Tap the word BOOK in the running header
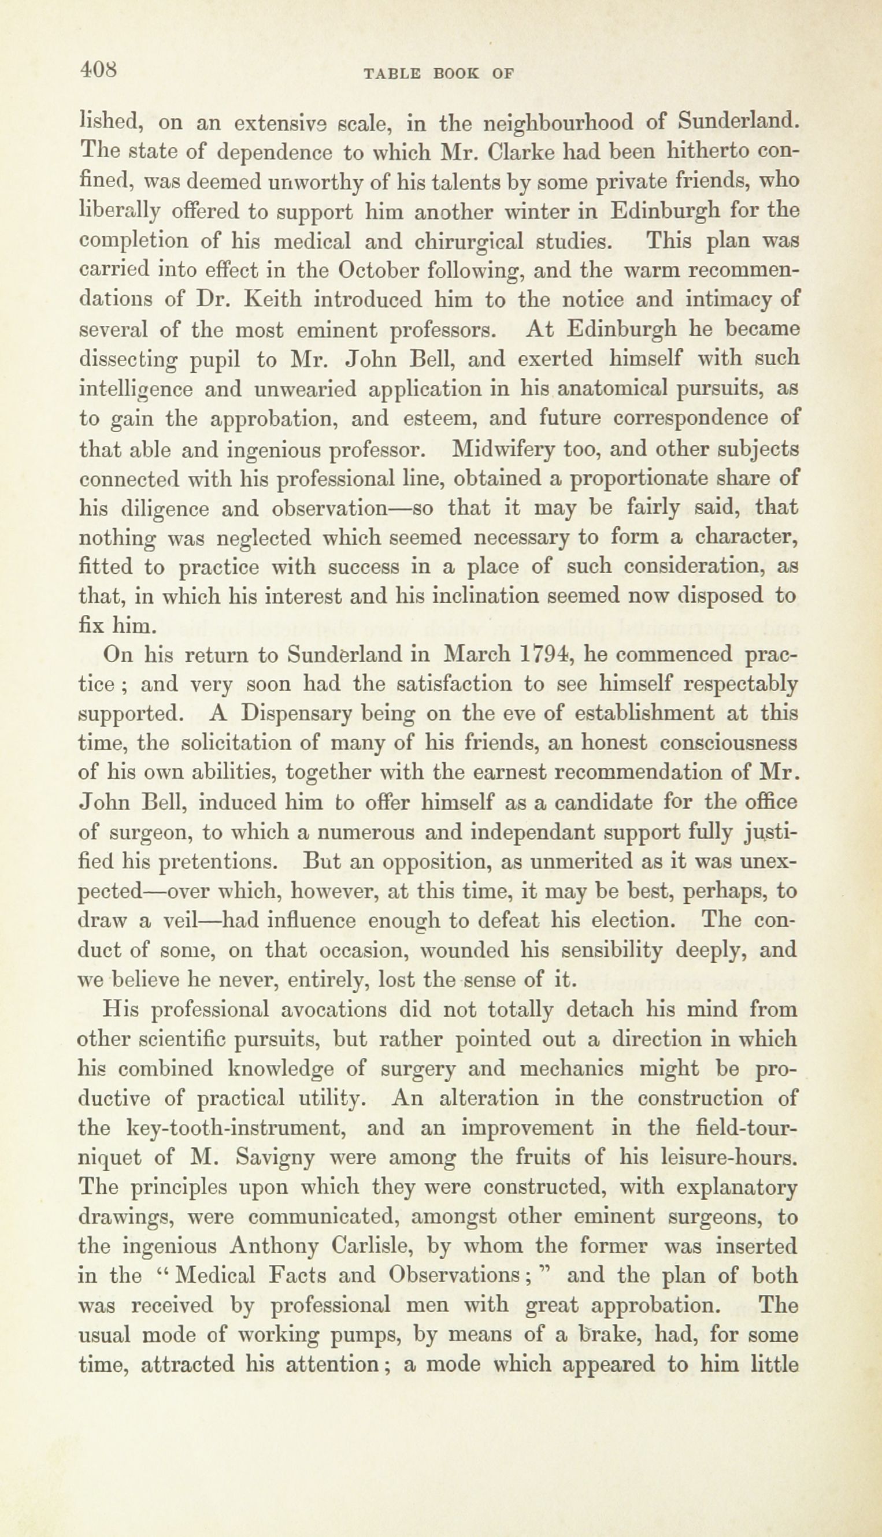point(456,74)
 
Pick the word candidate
point(608,803)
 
